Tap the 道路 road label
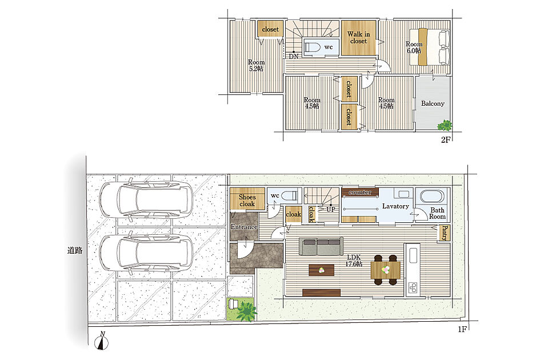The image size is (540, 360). [75, 250]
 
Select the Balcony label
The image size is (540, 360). [433, 103]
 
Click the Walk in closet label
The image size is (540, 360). [358, 38]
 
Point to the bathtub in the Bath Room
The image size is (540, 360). [432, 197]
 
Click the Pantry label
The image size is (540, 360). [444, 233]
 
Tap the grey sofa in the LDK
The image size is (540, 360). [321, 246]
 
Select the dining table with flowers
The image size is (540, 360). [385, 270]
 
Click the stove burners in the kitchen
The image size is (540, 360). [413, 287]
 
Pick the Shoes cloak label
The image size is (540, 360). [247, 201]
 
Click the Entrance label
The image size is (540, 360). [244, 227]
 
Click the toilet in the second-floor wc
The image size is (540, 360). [312, 47]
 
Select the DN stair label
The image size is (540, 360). [293, 57]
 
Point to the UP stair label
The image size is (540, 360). [330, 209]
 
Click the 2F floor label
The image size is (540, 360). [446, 140]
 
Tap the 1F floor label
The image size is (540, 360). [462, 329]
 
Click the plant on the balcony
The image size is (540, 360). [445, 125]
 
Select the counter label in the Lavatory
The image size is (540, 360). [360, 192]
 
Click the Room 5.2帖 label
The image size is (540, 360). [256, 66]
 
